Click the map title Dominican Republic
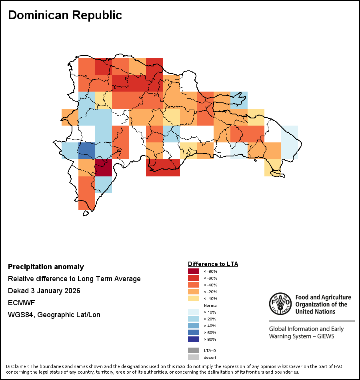click(65, 15)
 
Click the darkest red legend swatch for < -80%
click(194, 271)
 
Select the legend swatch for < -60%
click(194, 278)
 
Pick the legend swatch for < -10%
click(194, 298)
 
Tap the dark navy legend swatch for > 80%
click(194, 339)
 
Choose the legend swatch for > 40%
click(194, 326)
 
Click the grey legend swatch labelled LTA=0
click(194, 350)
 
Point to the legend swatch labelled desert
click(194, 357)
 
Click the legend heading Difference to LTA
click(213, 264)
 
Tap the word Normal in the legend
click(210, 305)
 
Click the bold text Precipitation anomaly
click(46, 267)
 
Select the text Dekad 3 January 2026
click(44, 291)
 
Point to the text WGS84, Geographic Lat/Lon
click(54, 315)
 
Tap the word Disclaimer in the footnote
click(17, 366)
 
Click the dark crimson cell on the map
click(103, 168)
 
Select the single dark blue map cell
click(86, 151)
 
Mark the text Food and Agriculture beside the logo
click(323, 297)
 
